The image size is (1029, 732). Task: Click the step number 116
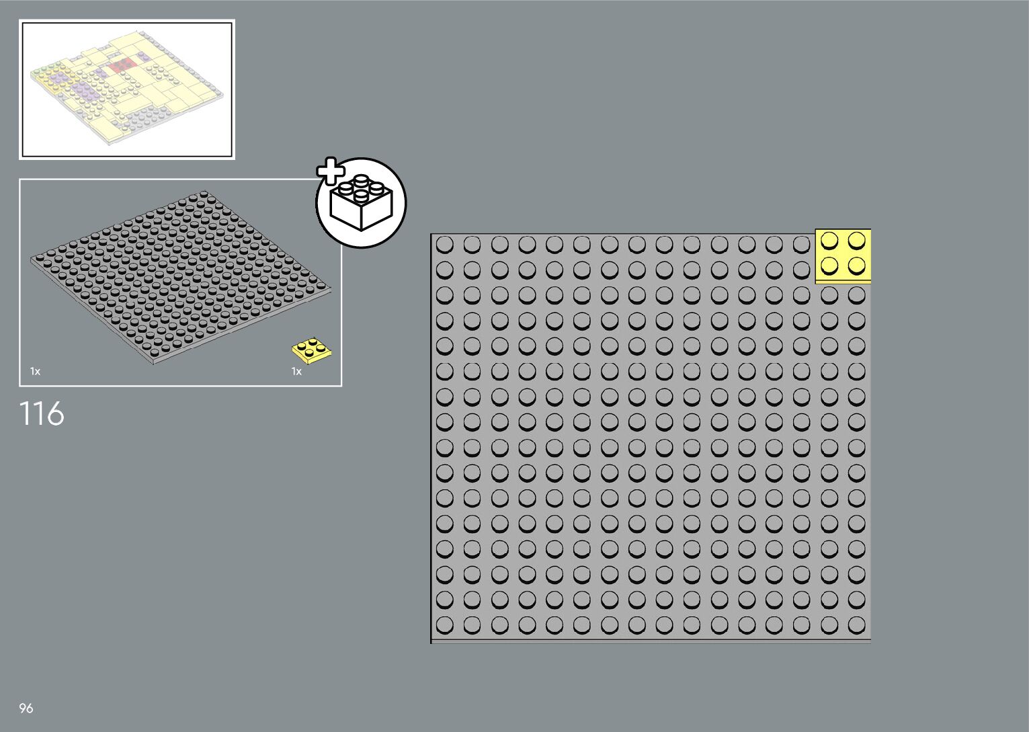tap(42, 413)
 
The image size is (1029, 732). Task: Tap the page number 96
tap(26, 708)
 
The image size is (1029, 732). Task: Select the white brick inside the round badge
tap(361, 205)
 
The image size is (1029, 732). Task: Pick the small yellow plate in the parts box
tap(312, 350)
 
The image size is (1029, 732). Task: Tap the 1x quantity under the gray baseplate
tap(35, 371)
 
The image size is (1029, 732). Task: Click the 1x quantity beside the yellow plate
tap(296, 371)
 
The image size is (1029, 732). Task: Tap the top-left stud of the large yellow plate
tap(829, 241)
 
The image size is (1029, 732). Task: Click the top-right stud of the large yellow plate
tap(856, 241)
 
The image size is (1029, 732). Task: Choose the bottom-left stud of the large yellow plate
tap(829, 266)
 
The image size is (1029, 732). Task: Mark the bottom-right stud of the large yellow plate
tap(856, 266)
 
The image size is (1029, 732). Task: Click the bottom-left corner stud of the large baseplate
tap(444, 624)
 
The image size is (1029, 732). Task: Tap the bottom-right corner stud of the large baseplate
tap(856, 624)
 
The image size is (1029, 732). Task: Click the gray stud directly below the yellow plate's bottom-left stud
tap(829, 295)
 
